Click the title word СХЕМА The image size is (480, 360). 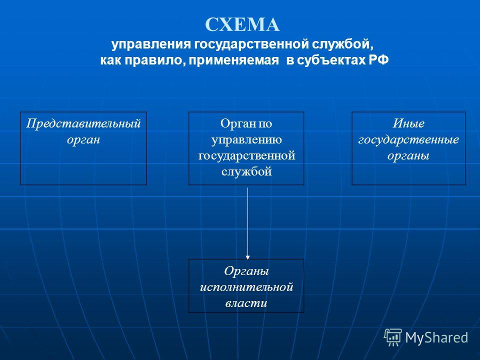point(242,24)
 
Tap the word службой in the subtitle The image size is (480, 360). point(343,44)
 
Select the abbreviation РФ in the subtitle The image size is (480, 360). point(378,60)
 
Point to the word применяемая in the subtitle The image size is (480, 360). point(234,60)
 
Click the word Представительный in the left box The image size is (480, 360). point(83,123)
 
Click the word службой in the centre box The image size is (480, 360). point(246,171)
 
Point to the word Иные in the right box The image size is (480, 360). point(408,123)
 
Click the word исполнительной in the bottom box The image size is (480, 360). point(246,287)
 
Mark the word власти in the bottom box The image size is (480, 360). point(246,303)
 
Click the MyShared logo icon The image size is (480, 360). point(393,337)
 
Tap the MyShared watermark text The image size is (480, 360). point(436,338)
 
